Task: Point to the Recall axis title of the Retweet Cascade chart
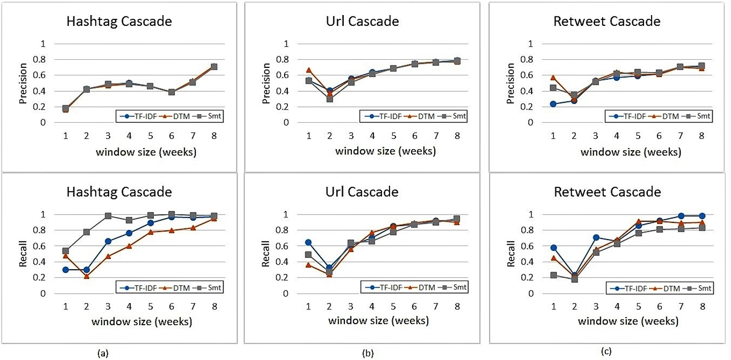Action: pyautogui.click(x=509, y=254)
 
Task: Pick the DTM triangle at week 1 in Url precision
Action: pyautogui.click(x=309, y=70)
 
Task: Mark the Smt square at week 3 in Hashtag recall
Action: pyautogui.click(x=108, y=216)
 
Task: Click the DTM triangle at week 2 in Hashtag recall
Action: pyautogui.click(x=87, y=276)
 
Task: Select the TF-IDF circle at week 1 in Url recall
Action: pyautogui.click(x=309, y=242)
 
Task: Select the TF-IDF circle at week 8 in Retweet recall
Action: pyautogui.click(x=701, y=216)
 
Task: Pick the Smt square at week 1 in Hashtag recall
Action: pyautogui.click(x=65, y=251)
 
